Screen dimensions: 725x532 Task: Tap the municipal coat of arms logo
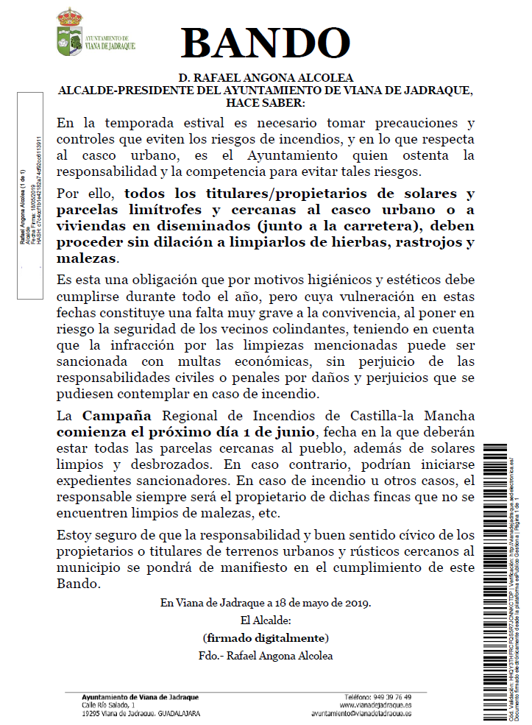pyautogui.click(x=70, y=33)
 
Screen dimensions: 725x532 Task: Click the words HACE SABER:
pyautogui.click(x=266, y=102)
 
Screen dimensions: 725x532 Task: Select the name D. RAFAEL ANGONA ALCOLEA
pyautogui.click(x=266, y=78)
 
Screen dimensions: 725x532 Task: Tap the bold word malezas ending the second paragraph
pyautogui.click(x=87, y=259)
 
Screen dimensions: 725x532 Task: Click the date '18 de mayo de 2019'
pyautogui.click(x=321, y=603)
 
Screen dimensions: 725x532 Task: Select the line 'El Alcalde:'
pyautogui.click(x=265, y=620)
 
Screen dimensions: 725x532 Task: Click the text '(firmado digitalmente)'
pyautogui.click(x=266, y=637)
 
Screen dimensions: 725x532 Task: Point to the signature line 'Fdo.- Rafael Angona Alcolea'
pyautogui.click(x=266, y=655)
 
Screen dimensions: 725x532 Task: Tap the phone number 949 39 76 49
pyautogui.click(x=389, y=697)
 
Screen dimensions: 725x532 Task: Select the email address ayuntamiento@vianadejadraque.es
pyautogui.click(x=361, y=713)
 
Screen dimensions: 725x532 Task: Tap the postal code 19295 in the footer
pyautogui.click(x=92, y=713)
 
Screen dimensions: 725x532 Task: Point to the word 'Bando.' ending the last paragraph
pyautogui.click(x=77, y=583)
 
